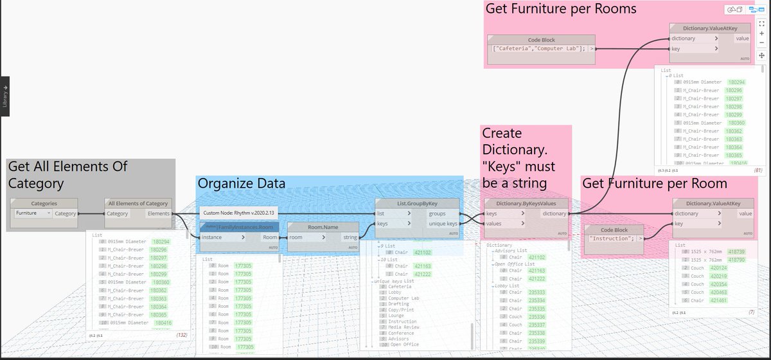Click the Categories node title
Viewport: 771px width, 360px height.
44,204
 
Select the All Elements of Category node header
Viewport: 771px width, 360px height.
138,204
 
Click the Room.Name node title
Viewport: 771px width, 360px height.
323,227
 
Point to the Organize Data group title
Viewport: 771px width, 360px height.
241,183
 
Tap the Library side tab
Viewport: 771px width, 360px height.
4,96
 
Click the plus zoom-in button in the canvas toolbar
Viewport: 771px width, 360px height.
761,33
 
